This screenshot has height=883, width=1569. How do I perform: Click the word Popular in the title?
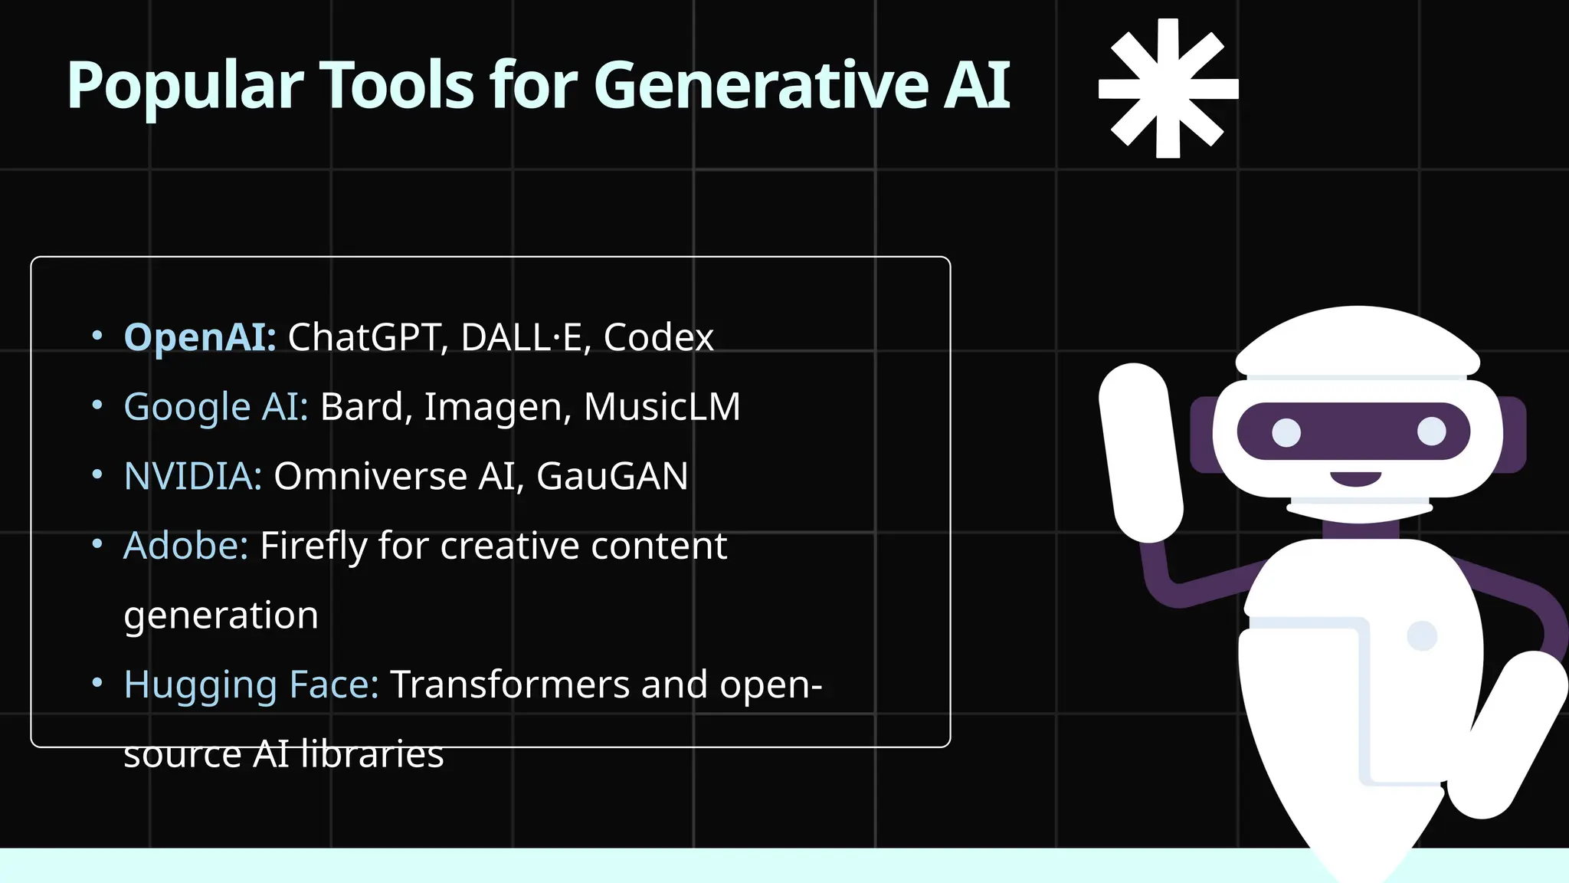(185, 86)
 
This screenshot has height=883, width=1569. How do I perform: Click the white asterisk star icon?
(1168, 89)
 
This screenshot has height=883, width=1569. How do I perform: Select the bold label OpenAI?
(200, 337)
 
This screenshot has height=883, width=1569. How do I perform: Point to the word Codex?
(658, 337)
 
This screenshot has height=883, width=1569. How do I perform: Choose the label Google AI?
(215, 407)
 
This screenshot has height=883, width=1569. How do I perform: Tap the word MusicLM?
(662, 407)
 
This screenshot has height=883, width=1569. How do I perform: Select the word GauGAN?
(611, 476)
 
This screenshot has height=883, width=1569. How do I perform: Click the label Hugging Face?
(251, 684)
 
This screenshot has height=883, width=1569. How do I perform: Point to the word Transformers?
(509, 684)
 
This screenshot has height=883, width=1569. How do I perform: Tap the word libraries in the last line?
(372, 754)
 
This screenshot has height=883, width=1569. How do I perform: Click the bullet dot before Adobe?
(97, 544)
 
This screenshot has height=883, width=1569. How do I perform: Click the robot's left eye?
(1286, 432)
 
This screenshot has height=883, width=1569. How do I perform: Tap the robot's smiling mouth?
(1355, 479)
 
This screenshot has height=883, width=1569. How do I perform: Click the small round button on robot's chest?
(1422, 635)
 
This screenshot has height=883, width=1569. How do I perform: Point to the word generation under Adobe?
(221, 615)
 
